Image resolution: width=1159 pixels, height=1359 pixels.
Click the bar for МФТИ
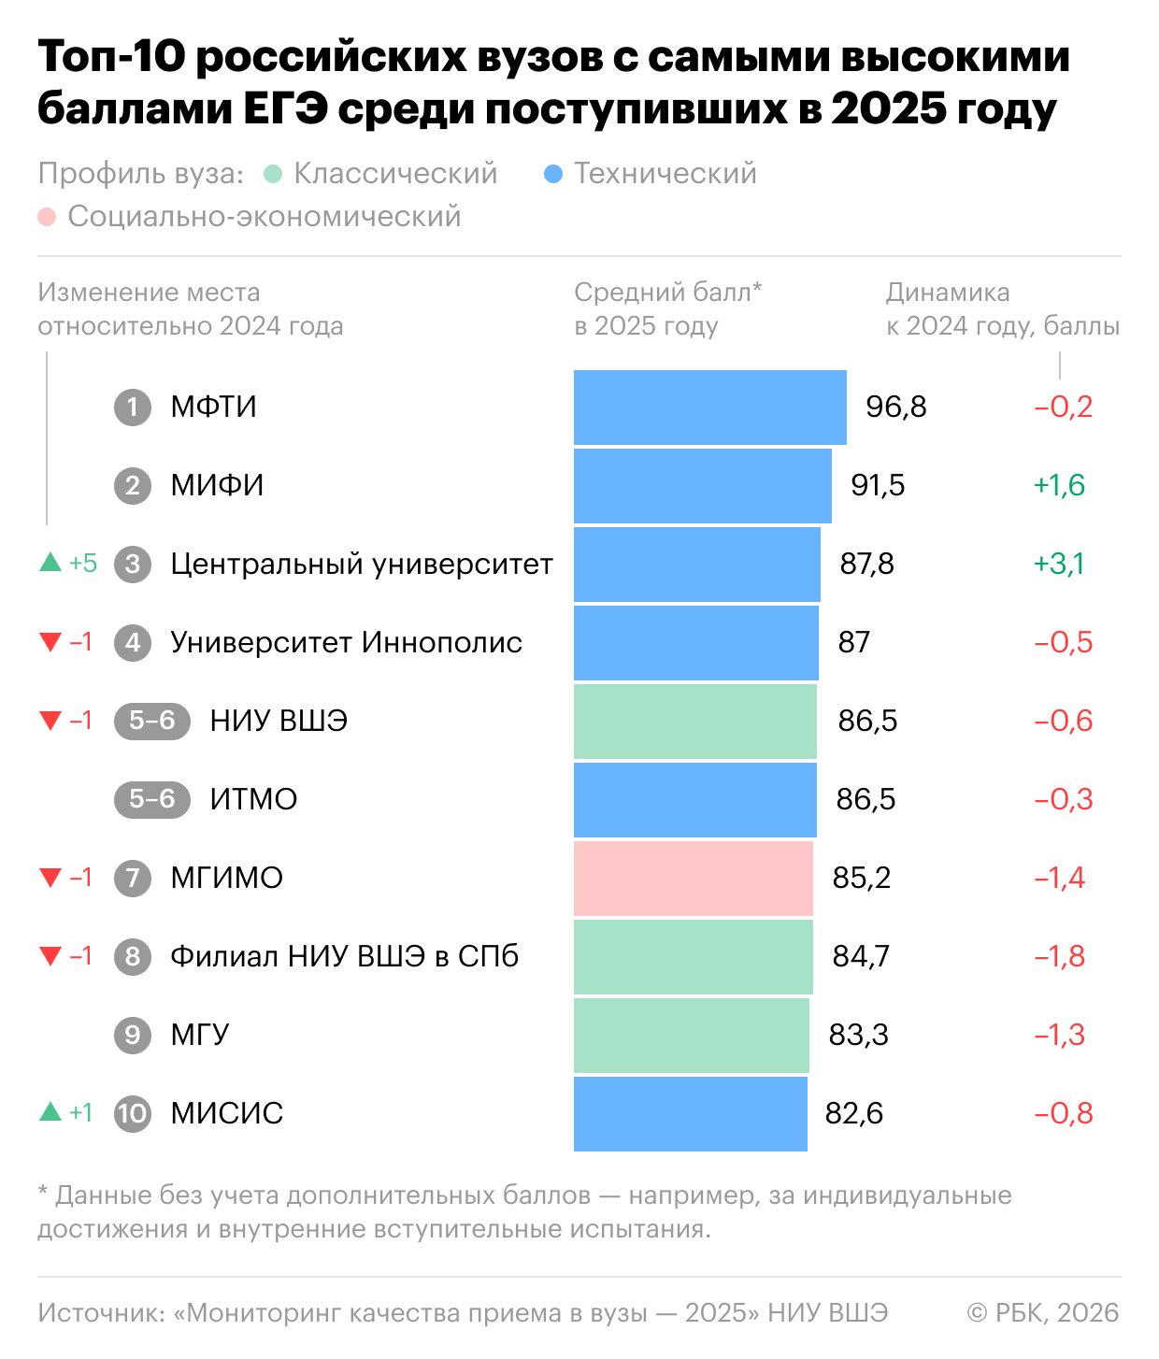[x=709, y=408]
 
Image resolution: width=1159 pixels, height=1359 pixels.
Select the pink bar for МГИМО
[x=693, y=879]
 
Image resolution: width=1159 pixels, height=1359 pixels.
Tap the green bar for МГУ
[x=691, y=1036]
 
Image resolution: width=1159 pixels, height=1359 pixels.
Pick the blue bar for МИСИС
[x=690, y=1114]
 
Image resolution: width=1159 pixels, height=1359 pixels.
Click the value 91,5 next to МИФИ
[x=878, y=486]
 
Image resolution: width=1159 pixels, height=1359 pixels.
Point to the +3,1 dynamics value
[x=1059, y=565]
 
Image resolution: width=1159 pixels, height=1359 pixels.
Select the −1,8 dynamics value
[x=1059, y=957]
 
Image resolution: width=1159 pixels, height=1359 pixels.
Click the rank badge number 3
[x=133, y=565]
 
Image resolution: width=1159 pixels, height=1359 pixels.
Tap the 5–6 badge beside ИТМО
[x=152, y=800]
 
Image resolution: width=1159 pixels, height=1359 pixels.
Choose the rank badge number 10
[x=133, y=1114]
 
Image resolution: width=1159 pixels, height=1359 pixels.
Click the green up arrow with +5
[x=50, y=563]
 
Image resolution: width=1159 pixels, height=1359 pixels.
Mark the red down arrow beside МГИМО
[x=50, y=878]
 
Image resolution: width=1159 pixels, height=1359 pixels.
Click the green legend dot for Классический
[x=273, y=175]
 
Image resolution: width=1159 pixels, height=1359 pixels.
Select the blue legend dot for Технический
[x=553, y=175]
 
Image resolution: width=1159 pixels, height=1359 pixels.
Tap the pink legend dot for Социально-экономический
[x=47, y=218]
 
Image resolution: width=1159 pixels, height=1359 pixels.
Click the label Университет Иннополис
[x=346, y=643]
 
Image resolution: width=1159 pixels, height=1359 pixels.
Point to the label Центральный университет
[x=362, y=565]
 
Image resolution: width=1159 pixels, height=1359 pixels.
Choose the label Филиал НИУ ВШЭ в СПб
[x=344, y=957]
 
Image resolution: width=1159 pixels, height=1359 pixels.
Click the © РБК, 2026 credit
[x=1042, y=1313]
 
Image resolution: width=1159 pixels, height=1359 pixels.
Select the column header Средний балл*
[x=667, y=293]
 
